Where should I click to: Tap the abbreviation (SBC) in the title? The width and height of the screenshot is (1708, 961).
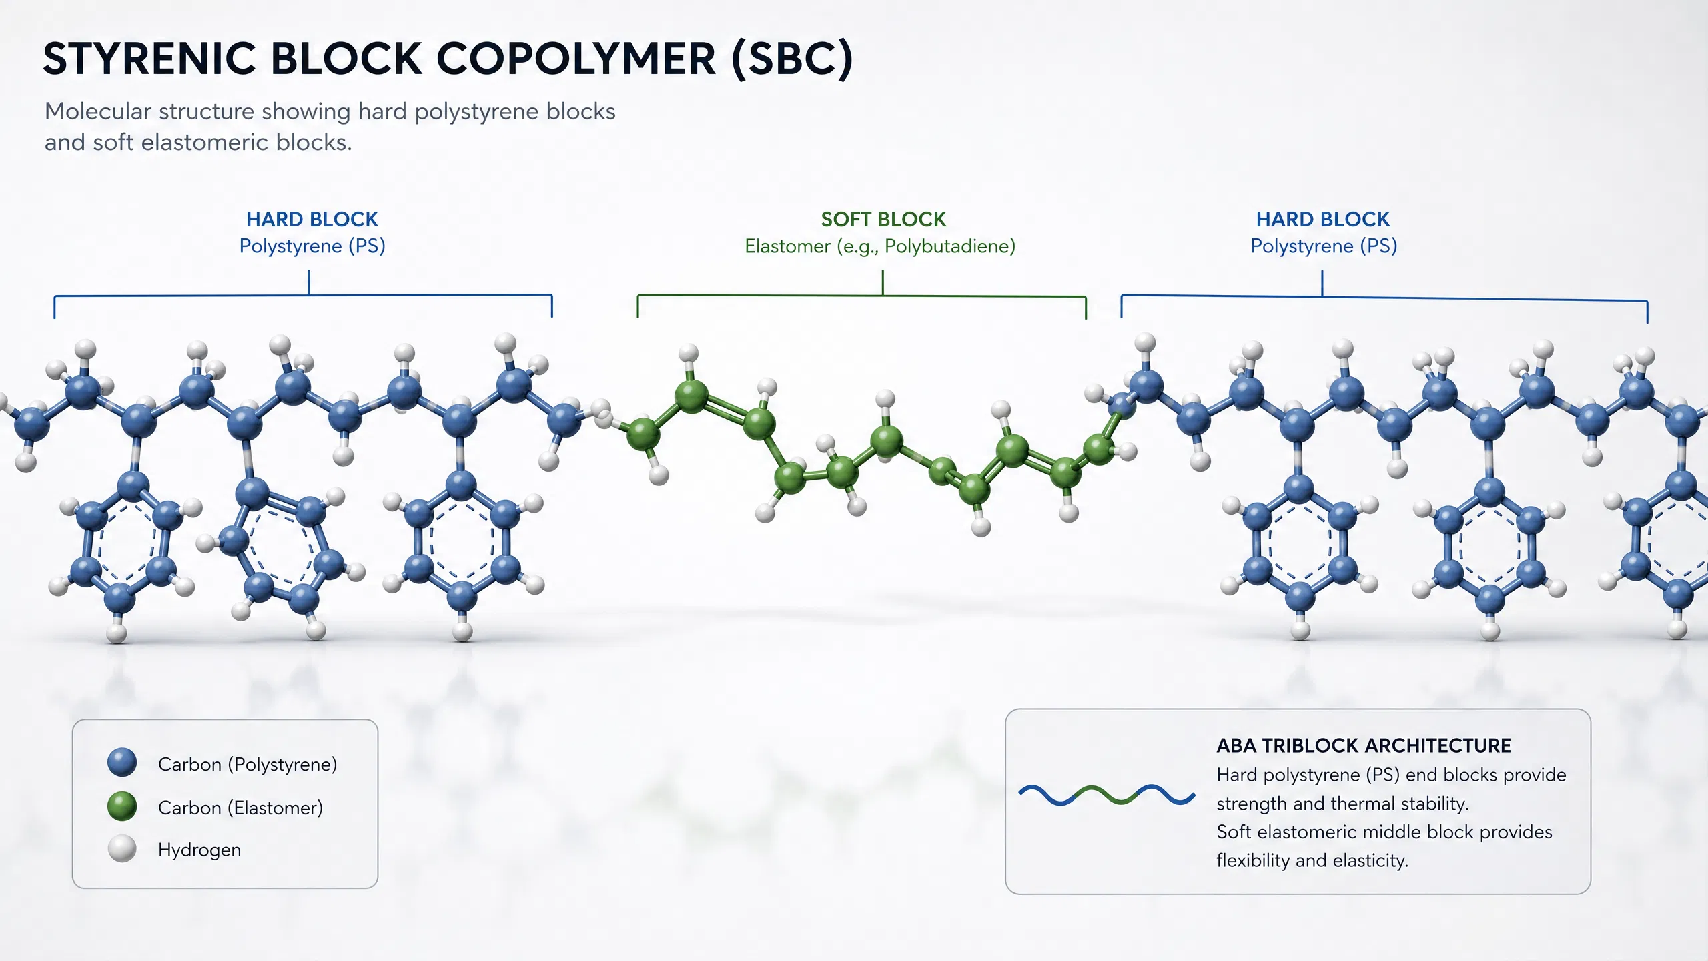coord(792,59)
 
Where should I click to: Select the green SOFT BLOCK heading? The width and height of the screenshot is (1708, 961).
coord(883,219)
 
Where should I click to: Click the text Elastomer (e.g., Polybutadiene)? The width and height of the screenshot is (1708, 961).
coord(880,246)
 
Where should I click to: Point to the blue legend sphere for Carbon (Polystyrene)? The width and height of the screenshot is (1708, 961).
coord(122,762)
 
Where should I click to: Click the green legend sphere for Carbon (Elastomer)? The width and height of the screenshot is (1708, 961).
coord(122,806)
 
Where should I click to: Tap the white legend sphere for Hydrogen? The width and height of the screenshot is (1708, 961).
coord(122,849)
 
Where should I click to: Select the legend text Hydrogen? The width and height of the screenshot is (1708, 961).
coord(199,850)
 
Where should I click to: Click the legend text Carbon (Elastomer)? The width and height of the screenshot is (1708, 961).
coord(240,808)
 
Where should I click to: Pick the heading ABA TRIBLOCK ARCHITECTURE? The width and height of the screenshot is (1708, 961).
coord(1364,745)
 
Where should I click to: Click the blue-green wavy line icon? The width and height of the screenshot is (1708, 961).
coord(1107,795)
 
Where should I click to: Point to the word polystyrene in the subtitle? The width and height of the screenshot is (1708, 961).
coord(476,112)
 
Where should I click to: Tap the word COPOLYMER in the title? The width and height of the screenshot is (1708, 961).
coord(576,59)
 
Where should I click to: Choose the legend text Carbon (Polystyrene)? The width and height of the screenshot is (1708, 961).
coord(248,764)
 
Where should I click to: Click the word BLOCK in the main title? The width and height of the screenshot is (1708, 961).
coord(346,59)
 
